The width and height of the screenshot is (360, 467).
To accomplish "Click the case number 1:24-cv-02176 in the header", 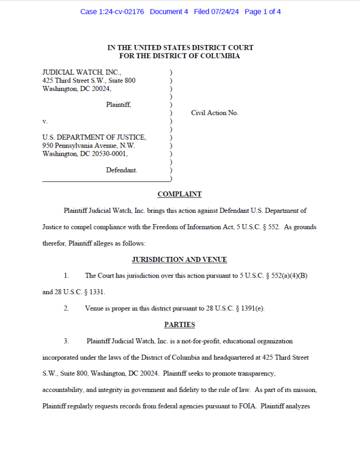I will [122, 12].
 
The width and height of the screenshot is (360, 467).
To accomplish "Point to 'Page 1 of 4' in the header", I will [262, 12].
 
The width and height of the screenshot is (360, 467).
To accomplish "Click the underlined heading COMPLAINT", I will [180, 194].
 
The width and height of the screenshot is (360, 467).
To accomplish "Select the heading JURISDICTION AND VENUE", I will [180, 259].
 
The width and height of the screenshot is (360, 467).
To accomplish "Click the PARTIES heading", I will [180, 324].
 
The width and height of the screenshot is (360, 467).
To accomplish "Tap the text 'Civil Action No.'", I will [215, 113].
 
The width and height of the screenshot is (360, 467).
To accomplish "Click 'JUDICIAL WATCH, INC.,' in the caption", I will [82, 73].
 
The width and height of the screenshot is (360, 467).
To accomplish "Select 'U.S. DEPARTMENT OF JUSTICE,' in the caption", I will [94, 137].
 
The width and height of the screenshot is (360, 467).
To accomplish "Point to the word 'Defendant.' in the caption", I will [121, 170].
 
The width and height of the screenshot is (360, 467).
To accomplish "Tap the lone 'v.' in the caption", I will [45, 121].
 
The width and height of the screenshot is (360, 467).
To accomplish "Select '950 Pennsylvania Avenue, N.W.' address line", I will [89, 145].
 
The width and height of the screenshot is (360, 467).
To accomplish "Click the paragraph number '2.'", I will [67, 308].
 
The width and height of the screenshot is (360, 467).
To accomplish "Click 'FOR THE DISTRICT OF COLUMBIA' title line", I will [180, 56].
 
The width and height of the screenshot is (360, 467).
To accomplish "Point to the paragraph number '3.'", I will [67, 341].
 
